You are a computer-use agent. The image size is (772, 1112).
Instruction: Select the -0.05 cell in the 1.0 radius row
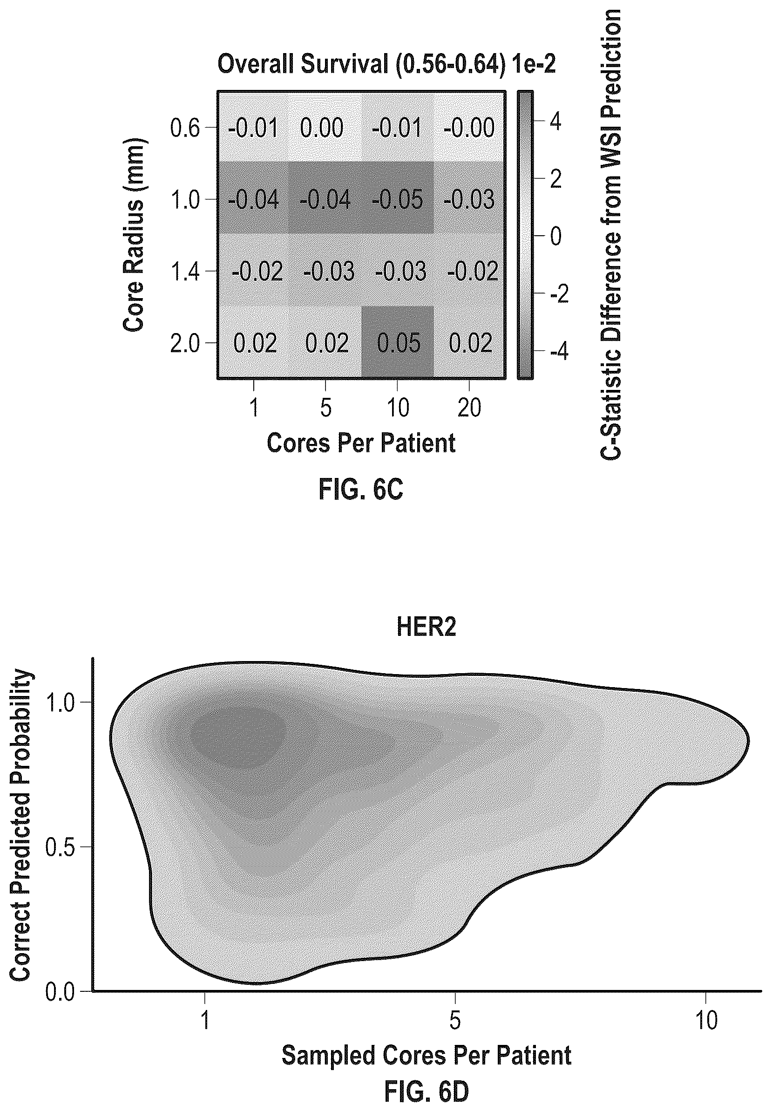pos(398,199)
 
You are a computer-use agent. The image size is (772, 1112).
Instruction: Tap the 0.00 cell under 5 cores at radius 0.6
pos(325,128)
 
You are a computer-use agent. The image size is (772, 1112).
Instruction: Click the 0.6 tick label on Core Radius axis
pos(185,128)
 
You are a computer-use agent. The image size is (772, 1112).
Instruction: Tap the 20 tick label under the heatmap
pos(469,408)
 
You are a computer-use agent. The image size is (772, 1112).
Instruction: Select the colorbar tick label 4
pos(556,121)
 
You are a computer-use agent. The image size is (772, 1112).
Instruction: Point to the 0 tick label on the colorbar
pos(556,236)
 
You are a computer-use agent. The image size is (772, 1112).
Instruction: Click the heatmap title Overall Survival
pos(303,64)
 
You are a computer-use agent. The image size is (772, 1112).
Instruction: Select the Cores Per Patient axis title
pos(361,442)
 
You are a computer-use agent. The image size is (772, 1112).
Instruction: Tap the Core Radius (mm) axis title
pos(134,235)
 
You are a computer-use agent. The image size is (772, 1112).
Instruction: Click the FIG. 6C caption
pos(361,490)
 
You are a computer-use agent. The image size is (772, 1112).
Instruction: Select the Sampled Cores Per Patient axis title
pos(426,1055)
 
